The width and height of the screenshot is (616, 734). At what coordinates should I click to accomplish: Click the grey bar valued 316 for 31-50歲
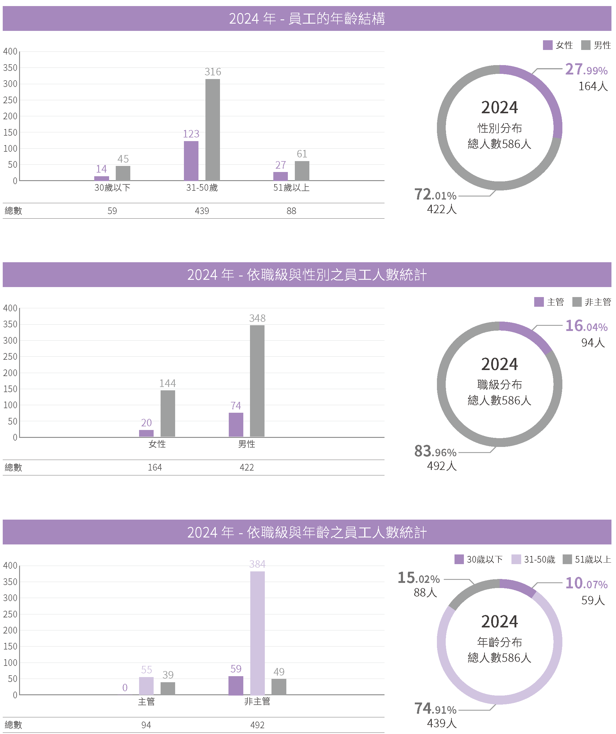213,130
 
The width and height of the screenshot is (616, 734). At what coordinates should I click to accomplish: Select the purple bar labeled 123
191,161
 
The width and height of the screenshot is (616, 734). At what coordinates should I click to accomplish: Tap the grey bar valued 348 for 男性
257,381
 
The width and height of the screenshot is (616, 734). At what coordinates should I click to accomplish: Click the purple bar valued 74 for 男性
236,425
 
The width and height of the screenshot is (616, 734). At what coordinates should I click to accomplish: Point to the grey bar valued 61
302,170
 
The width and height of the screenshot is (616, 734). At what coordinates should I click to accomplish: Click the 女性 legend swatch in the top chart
548,45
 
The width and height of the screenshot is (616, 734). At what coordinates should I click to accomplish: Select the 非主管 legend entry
592,302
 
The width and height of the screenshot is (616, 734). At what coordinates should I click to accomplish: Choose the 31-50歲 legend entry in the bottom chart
534,560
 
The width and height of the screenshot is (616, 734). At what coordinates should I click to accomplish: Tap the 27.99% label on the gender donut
586,70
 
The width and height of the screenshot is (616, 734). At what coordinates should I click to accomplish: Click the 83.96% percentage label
435,451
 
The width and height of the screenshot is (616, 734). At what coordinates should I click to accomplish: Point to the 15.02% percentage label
418,578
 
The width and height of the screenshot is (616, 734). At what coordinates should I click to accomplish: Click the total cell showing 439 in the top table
202,211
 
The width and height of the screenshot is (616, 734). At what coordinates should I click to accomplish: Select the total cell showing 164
155,468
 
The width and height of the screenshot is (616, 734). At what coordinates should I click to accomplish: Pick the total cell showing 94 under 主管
146,725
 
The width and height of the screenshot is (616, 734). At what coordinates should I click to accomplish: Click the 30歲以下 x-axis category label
112,188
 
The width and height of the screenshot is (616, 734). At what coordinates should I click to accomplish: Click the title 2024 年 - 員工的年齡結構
307,18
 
